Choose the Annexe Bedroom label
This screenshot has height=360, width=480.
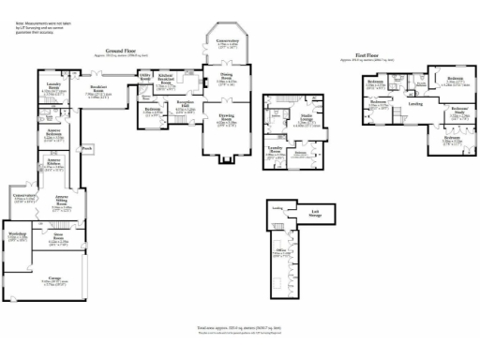click(x=54, y=131)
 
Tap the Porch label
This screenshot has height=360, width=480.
click(x=87, y=148)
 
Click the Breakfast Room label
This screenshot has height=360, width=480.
click(x=97, y=88)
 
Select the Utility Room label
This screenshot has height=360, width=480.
click(x=145, y=76)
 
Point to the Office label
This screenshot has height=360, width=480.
click(x=280, y=250)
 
